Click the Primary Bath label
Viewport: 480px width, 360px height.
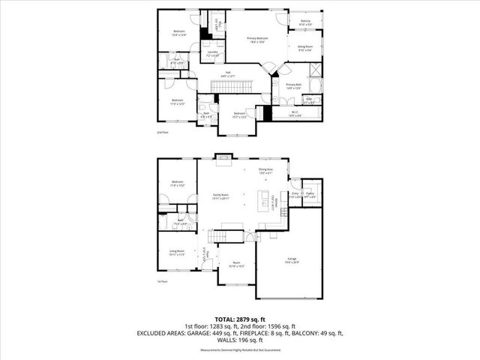(293, 87)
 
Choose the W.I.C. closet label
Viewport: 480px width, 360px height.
(295, 113)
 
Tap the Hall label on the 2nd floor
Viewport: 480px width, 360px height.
(227, 74)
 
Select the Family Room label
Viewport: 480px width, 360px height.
(220, 196)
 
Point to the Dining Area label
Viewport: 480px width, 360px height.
(265, 172)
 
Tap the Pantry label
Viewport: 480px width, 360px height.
(310, 195)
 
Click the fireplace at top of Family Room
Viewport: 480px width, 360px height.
(222, 157)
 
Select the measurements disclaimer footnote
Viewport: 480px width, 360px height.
(239, 349)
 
